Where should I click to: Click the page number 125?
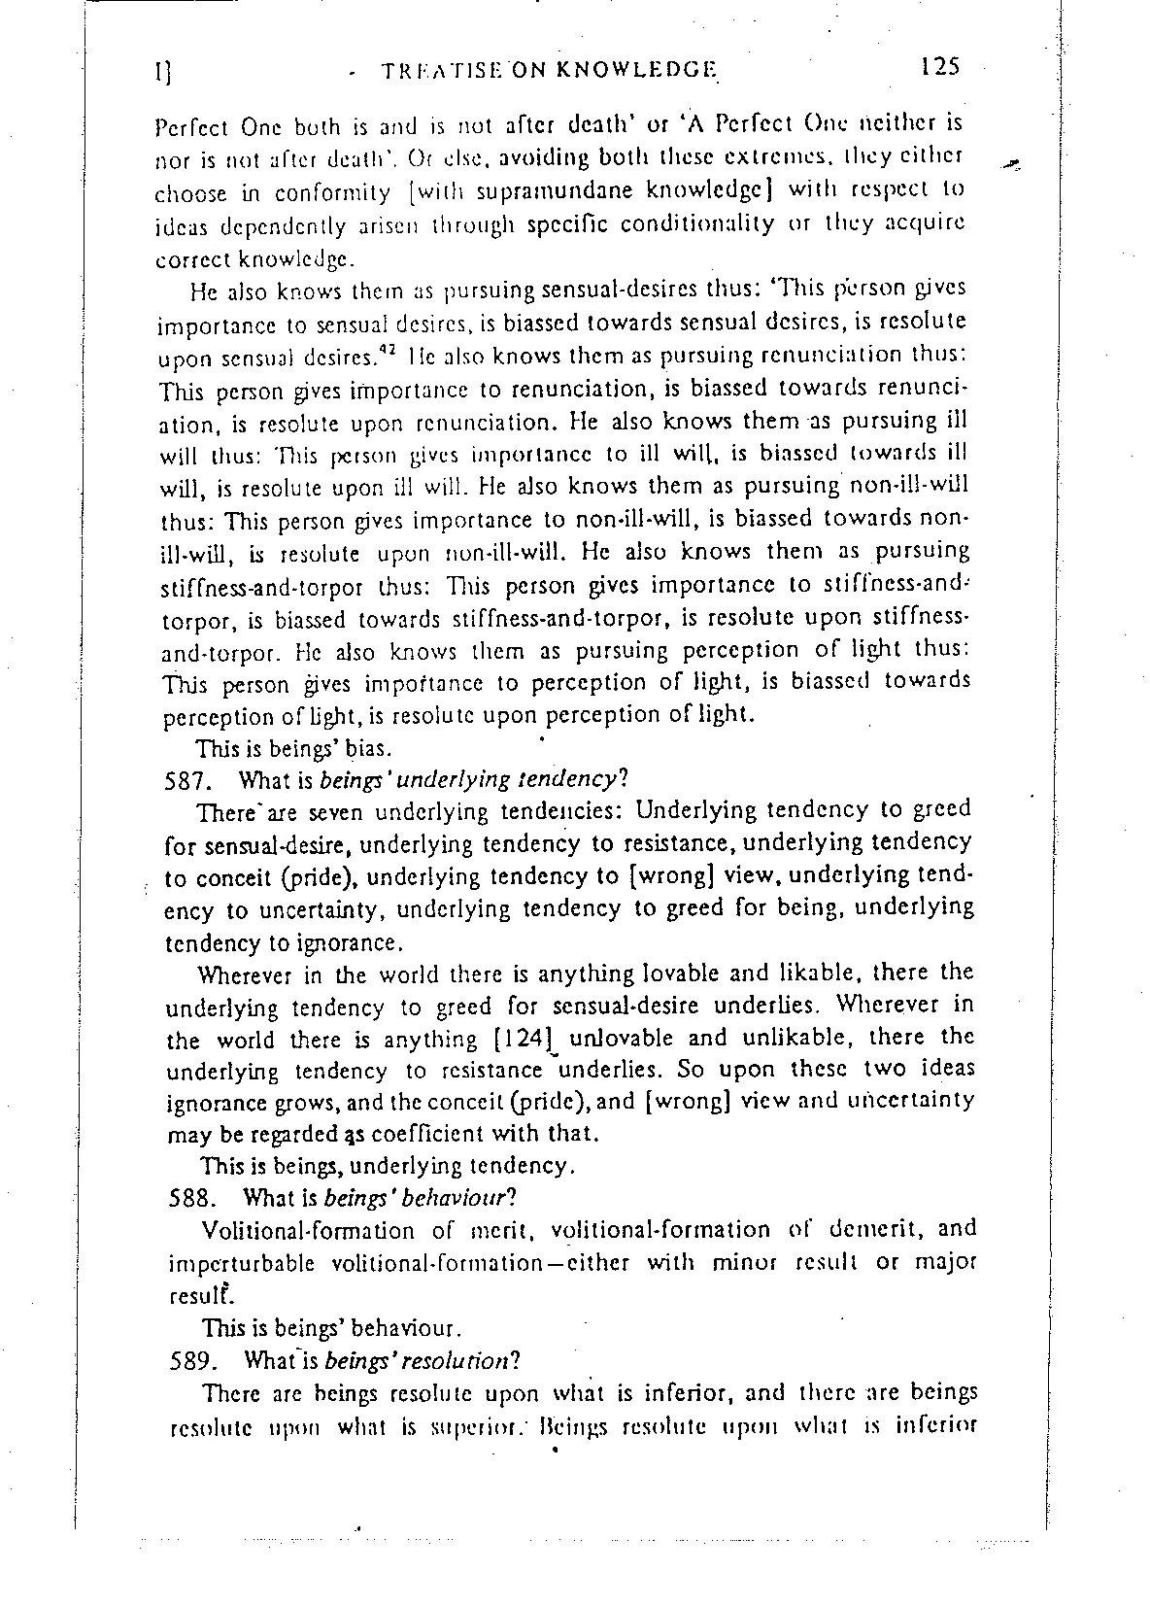pyautogui.click(x=940, y=66)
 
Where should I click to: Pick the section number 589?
pyautogui.click(x=190, y=1360)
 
